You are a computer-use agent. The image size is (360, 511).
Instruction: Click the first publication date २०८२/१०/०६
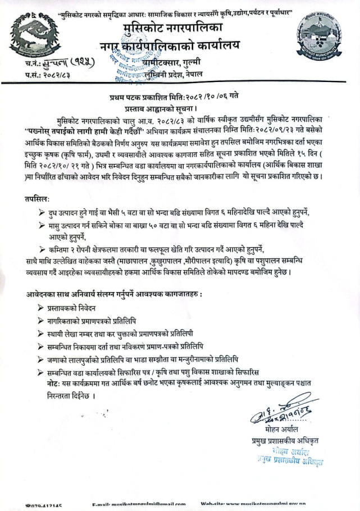pos(203,96)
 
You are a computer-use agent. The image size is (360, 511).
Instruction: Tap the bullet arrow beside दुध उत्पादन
pos(42,214)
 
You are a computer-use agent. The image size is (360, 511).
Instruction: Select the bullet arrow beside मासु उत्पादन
pos(42,225)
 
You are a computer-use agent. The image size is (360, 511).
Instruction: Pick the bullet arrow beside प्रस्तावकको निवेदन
pos(42,308)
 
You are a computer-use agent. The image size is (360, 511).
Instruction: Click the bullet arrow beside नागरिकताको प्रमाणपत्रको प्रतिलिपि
pos(42,321)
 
